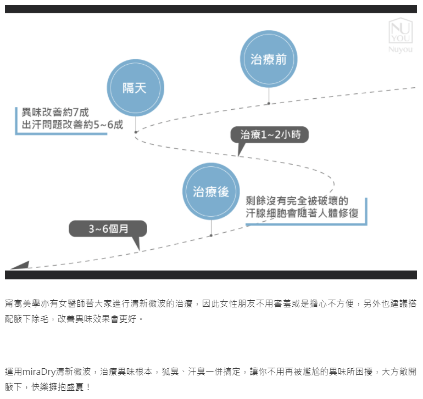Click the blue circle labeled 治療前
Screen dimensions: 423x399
pyautogui.click(x=269, y=59)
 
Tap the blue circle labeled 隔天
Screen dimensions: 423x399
pyautogui.click(x=136, y=88)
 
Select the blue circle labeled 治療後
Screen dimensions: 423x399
pyautogui.click(x=211, y=192)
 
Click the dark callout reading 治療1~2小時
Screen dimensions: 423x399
pyautogui.click(x=270, y=134)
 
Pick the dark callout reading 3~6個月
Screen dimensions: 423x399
pyautogui.click(x=108, y=229)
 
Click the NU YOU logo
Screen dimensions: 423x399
pyautogui.click(x=400, y=31)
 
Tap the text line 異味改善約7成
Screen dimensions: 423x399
pyautogui.click(x=55, y=113)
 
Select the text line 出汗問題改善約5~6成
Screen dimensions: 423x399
pyautogui.click(x=73, y=125)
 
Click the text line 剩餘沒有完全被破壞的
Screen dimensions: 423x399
pyautogui.click(x=297, y=201)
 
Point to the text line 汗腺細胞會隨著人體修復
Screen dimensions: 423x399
pyautogui.click(x=302, y=213)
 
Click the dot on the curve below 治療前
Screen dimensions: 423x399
pyautogui.click(x=269, y=103)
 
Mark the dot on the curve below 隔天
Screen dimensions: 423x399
pyautogui.click(x=136, y=132)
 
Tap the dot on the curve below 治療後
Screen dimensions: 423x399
pyautogui.click(x=211, y=235)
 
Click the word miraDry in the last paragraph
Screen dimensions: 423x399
pyautogui.click(x=39, y=372)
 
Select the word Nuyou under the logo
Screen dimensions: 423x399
pyautogui.click(x=400, y=49)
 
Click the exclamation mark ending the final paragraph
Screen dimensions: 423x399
pyautogui.click(x=88, y=387)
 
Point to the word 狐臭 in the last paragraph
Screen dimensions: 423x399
pyautogui.click(x=170, y=372)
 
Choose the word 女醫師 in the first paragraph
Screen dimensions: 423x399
pyautogui.click(x=72, y=304)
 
